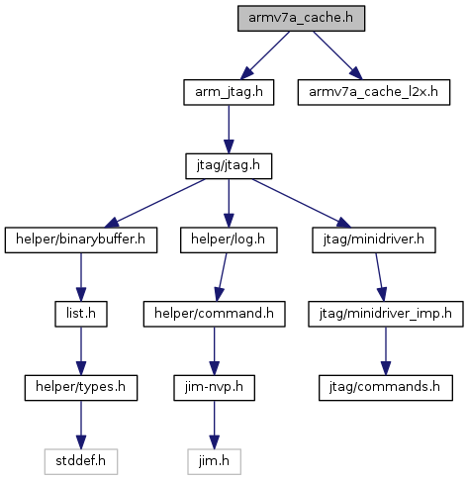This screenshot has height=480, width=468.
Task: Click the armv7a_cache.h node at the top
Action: [301, 19]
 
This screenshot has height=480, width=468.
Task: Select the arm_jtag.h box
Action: [229, 92]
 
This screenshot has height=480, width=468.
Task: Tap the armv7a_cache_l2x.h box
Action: [374, 92]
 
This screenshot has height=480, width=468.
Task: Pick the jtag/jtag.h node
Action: [229, 166]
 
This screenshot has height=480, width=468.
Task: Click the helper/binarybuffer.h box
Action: [81, 240]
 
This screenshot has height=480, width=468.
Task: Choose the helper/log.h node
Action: [229, 240]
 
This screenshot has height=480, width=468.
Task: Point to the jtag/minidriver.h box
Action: [374, 240]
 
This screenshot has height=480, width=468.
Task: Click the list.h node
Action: [81, 314]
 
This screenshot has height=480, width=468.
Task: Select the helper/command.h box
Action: [214, 314]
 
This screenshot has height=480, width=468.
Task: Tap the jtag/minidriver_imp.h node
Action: [386, 314]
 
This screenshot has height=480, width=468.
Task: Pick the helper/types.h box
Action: [81, 388]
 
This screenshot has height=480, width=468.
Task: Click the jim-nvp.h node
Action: [214, 388]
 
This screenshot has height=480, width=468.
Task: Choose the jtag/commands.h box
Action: [386, 388]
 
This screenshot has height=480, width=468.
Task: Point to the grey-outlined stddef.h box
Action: [81, 462]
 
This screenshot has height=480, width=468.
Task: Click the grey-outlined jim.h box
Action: [214, 462]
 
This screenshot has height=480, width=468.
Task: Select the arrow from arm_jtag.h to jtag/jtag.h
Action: [229, 130]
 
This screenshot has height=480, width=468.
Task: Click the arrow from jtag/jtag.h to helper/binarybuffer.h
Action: [154, 203]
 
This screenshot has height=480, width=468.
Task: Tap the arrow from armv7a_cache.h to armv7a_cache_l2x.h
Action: [337, 55]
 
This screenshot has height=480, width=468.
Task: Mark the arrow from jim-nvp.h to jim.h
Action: [214, 425]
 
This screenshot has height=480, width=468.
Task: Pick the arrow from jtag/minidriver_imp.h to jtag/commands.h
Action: [386, 351]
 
